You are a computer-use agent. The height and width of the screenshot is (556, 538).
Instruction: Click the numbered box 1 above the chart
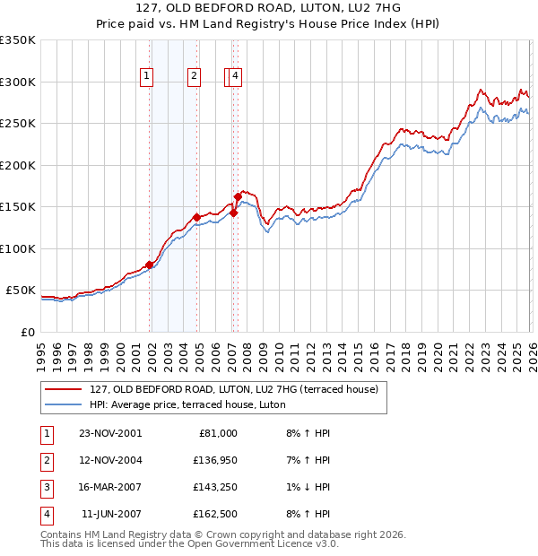(146, 77)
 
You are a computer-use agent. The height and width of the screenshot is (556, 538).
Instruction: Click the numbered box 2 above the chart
(194, 77)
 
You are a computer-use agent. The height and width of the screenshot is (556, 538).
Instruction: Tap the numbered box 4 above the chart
(235, 77)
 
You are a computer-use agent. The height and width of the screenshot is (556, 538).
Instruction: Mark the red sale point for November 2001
(150, 265)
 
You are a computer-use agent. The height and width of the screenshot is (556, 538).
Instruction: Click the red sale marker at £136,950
(196, 218)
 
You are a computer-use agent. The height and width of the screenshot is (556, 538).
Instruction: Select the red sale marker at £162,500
(238, 196)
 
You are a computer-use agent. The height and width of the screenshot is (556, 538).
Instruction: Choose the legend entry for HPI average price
(187, 404)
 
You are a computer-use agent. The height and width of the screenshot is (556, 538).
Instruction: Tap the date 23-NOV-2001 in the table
(110, 433)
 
